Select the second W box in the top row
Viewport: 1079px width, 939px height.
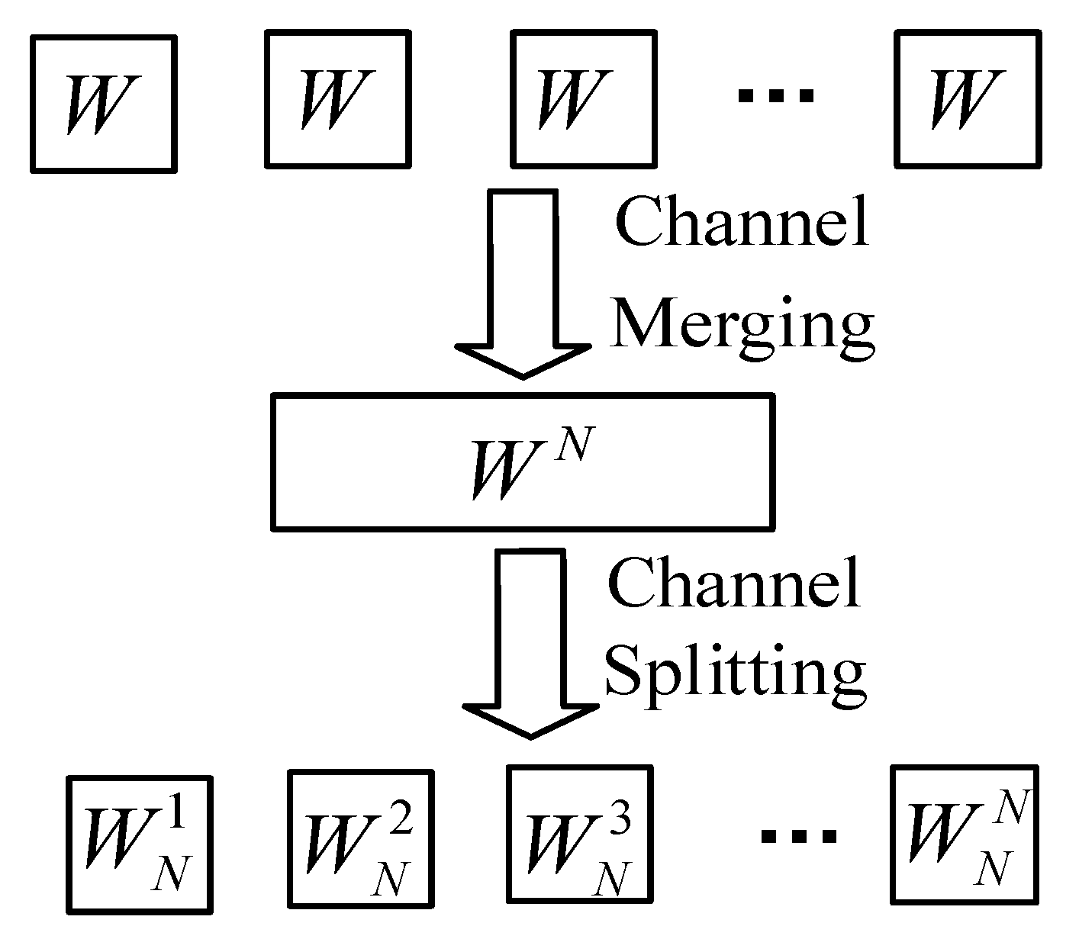[337, 99]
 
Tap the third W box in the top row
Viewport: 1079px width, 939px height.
[583, 99]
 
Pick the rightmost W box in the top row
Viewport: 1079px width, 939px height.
[968, 99]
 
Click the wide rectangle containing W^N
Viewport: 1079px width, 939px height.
[523, 461]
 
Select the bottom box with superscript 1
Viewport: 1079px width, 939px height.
[140, 844]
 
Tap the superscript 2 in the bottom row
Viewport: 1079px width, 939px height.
[402, 822]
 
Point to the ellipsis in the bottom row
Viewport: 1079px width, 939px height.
[798, 837]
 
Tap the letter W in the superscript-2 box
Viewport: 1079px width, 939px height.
[336, 844]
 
